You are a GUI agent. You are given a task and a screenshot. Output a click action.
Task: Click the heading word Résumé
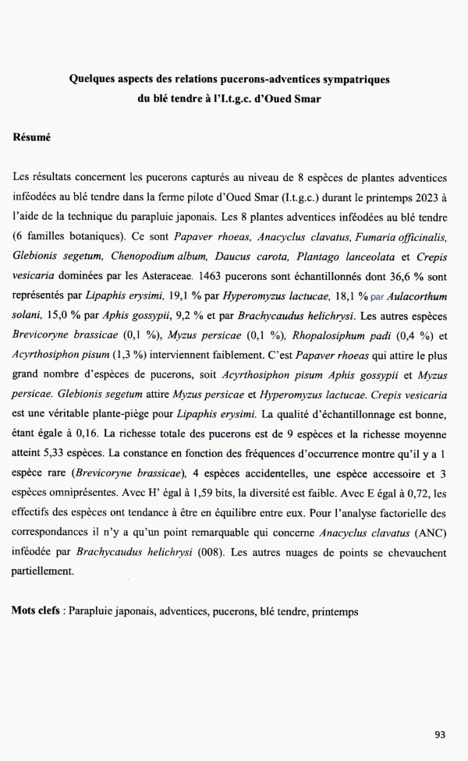click(32, 137)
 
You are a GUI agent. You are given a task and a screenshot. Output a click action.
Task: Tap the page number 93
click(440, 734)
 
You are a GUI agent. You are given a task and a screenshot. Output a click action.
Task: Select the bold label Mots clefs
click(35, 611)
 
